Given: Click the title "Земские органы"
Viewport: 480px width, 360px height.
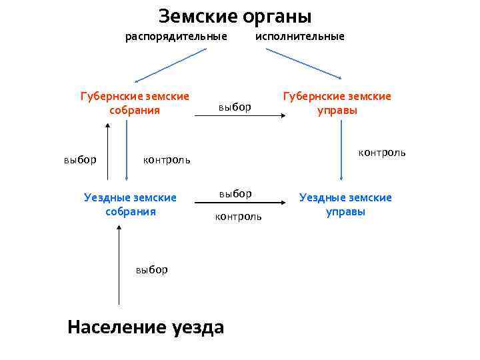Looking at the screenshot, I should coord(235,16).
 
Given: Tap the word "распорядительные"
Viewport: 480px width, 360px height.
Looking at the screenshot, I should coord(177,36).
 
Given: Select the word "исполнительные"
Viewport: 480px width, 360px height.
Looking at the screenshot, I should coord(300,36).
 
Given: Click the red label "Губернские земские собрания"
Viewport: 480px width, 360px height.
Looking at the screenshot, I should coord(135,103).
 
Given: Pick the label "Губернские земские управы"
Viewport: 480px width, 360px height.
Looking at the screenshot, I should coord(337,103).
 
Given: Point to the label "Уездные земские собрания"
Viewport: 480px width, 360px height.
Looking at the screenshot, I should coord(131,205).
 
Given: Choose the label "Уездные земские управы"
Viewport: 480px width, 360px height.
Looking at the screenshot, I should coord(345,205).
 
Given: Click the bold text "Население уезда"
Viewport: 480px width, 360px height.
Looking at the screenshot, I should coord(146,327).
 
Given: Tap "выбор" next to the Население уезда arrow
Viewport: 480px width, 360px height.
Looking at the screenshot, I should coord(151,269).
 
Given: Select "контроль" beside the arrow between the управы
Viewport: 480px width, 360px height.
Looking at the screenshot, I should coord(381,153).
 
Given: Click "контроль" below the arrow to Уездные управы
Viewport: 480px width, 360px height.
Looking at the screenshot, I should coord(238,217).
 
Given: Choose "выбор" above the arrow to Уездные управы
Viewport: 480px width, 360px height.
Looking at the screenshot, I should coord(235,193).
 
